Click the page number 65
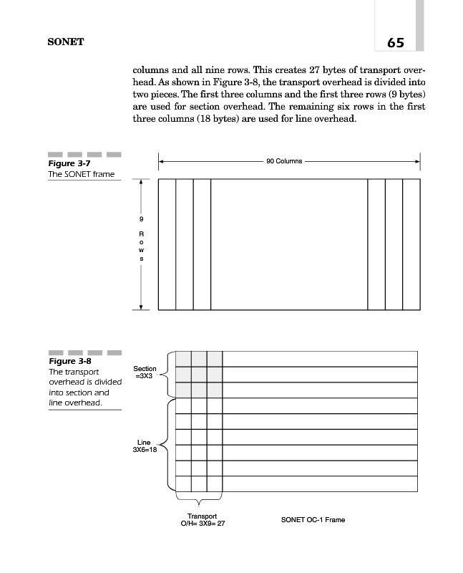coord(395,43)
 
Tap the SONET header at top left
coord(66,42)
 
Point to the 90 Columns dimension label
coord(284,161)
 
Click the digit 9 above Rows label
coord(141,218)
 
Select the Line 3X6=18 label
coord(145,446)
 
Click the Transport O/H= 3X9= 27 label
coord(201,520)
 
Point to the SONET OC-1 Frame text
coord(313,519)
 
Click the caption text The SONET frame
coord(81,175)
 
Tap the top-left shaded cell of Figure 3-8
coord(183,359)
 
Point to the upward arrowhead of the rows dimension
coord(141,182)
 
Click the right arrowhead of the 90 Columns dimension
coord(418,161)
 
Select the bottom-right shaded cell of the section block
coord(215,390)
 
